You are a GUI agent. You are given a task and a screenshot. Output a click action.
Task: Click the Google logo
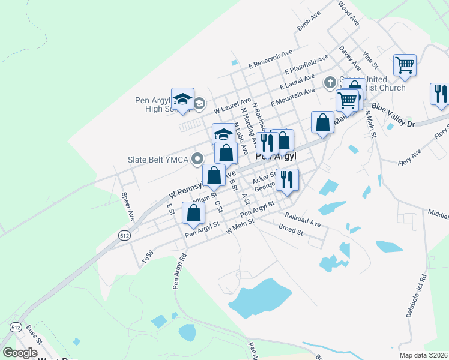coord(20,353)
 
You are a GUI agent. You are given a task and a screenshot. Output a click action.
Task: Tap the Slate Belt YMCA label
coord(157,160)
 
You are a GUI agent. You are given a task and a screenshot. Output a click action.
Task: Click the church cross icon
coord(329,82)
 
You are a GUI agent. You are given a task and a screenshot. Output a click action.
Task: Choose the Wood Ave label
coord(348,13)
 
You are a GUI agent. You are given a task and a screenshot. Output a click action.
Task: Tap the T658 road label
coord(148,256)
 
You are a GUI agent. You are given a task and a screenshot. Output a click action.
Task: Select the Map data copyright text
coord(423,355)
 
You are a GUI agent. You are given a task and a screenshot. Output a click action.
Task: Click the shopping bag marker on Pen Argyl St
coord(193,213)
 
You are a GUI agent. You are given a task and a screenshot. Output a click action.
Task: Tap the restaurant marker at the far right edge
coord(439,94)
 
